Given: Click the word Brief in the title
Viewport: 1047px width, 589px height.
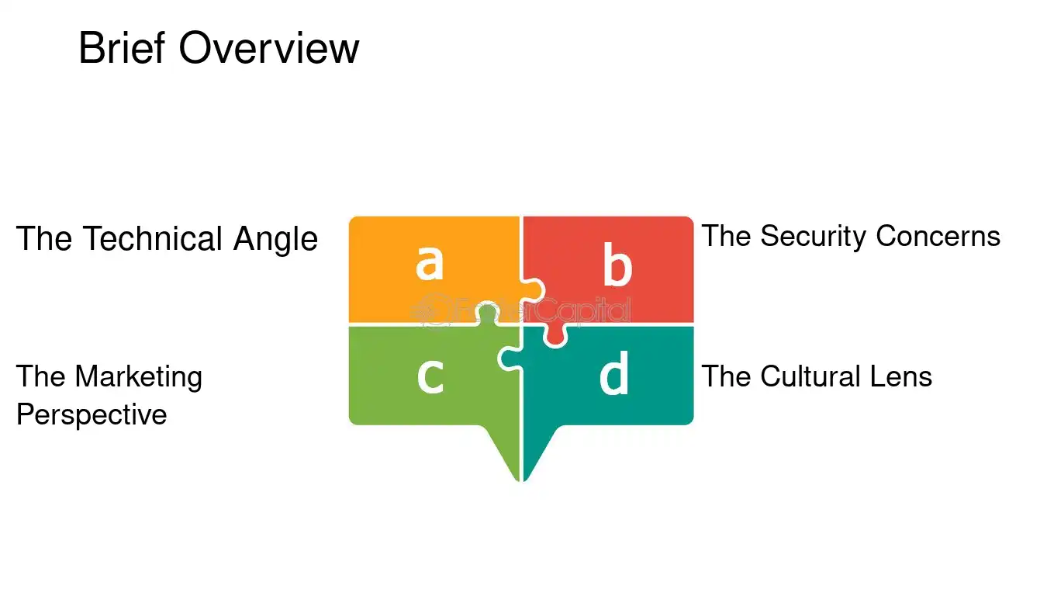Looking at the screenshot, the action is point(122,47).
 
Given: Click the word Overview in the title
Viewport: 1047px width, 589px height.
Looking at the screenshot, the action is point(269,47).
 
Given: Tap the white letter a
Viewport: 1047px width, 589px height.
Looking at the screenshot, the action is point(429,262).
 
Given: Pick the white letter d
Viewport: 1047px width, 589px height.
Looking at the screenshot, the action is point(613,372).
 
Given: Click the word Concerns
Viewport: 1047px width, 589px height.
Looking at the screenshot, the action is point(938,236).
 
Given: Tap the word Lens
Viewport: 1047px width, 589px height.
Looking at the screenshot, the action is point(900,376).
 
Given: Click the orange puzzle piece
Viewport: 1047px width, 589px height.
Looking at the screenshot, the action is point(434,269).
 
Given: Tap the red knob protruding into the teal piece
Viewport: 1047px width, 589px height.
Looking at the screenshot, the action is point(555,335).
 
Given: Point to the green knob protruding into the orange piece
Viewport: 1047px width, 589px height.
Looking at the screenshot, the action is point(488,313).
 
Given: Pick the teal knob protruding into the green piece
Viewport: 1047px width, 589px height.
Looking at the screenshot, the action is point(510,359).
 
